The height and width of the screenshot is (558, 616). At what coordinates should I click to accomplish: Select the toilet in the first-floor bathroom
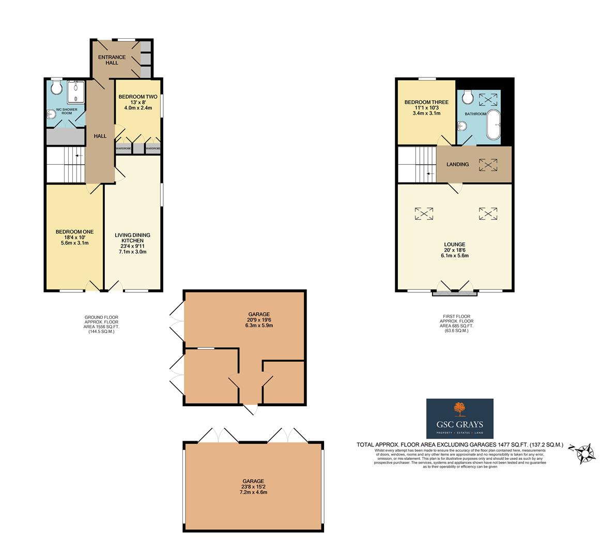[x=468, y=96]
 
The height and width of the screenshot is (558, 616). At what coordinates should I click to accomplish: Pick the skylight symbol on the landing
[x=487, y=165]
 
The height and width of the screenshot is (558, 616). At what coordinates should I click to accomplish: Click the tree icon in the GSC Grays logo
[x=459, y=409]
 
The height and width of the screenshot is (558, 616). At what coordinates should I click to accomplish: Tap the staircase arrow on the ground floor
[x=78, y=155]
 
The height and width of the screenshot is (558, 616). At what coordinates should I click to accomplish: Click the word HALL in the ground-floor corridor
[x=100, y=136]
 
